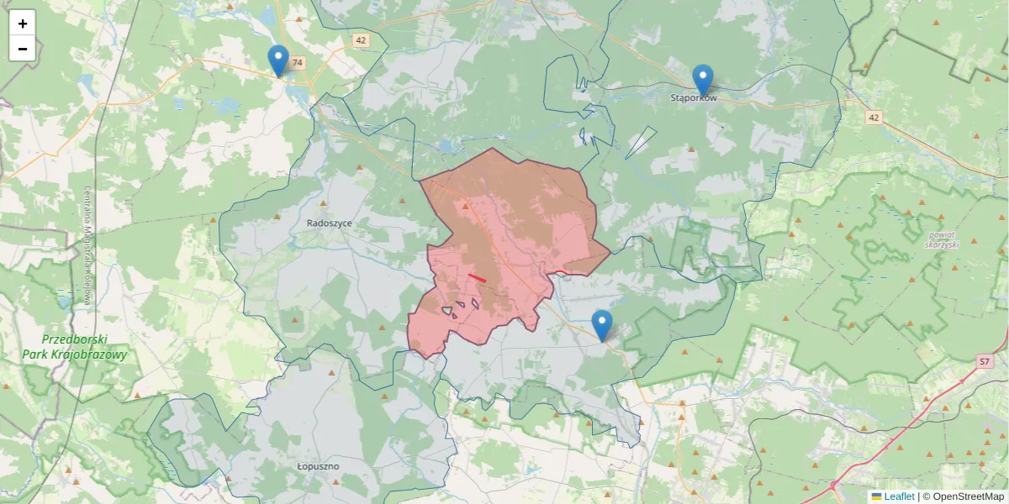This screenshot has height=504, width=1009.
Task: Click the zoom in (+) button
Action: coord(23,24)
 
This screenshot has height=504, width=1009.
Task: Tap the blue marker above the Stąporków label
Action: coord(703,80)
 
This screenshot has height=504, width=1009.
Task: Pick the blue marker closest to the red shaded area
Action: coord(602,325)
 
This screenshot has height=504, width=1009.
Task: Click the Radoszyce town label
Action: coord(330,223)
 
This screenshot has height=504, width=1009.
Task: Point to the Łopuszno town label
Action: coord(318,465)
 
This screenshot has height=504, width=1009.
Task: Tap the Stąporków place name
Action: coord(694,98)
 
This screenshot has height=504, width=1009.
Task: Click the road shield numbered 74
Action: coord(298,63)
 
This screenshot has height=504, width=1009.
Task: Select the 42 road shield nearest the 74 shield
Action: coord(361,40)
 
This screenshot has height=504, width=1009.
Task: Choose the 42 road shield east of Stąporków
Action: coord(874,118)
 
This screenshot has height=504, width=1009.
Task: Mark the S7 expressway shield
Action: coord(984,361)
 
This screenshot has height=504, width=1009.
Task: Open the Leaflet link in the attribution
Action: coord(899,496)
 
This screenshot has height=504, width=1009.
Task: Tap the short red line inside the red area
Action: coord(477,277)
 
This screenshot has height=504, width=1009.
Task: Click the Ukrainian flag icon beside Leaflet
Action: coord(877,496)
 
